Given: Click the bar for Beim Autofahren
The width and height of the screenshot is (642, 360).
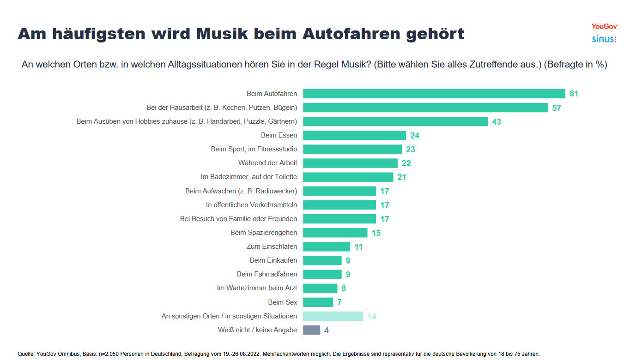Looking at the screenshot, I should tap(434, 94).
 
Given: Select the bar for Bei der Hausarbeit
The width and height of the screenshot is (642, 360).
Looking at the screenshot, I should tap(425, 108).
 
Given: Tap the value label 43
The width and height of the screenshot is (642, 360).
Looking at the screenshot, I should tap(497, 122).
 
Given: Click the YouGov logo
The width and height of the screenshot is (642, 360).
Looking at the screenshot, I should tap(604, 26).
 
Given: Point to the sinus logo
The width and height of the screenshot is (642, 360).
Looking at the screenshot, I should tap(604, 39).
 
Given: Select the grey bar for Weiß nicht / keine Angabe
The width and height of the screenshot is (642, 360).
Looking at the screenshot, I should tap(311, 330).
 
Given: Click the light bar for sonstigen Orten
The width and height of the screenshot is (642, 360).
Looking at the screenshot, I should tap(333, 316).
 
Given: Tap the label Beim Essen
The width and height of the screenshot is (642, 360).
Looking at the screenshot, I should tap(279, 135).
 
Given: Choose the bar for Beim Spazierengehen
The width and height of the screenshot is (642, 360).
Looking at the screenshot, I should tap(335, 233).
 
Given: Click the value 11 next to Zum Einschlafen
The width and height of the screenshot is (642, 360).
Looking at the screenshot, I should tap(358, 247).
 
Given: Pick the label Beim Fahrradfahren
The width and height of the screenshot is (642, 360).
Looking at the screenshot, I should tap(267, 274).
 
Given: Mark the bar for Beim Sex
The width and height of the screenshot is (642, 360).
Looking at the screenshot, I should tap(318, 302).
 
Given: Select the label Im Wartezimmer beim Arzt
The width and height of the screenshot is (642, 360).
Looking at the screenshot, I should tap(257, 288).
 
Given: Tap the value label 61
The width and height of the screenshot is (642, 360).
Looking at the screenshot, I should tap(574, 94).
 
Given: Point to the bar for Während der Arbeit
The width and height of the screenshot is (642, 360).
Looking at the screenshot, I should tap(350, 163).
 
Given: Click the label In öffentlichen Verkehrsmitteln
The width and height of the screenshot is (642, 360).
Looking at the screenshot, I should tap(251, 204).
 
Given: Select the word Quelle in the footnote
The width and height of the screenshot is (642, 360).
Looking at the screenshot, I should tap(26, 354).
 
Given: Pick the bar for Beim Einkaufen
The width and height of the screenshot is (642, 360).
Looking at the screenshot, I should tap(322, 260).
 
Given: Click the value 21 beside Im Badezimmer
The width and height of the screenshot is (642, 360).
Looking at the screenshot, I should tap(401, 177).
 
